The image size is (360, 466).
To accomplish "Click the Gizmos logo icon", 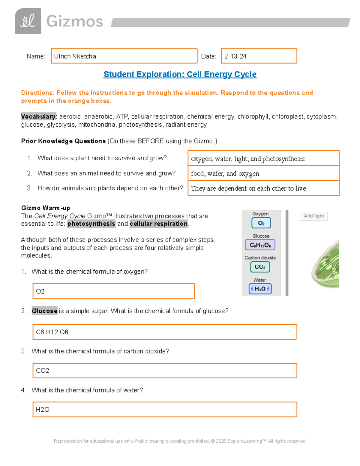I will pos(28,21).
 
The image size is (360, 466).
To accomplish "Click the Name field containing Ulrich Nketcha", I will pos(124,56).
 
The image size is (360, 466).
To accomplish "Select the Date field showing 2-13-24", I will pos(259,56).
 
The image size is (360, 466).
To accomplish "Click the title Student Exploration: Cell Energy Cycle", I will pos(180,74).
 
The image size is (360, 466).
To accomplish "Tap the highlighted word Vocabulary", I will pos(39,116).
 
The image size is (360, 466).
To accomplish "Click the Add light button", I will pos(313,216).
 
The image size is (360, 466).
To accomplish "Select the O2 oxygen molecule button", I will pos(261,223).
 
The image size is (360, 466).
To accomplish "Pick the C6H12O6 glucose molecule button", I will pos(260,245).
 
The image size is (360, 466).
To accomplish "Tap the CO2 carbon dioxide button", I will pos(260,267).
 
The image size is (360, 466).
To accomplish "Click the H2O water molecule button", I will pos(260,289).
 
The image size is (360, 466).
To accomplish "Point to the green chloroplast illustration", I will pos(326,264).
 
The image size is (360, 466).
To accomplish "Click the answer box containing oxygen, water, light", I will pos(263,158).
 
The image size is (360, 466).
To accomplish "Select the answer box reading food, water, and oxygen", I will pos(263,173).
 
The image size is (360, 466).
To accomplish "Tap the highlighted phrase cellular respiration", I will pos(158,224).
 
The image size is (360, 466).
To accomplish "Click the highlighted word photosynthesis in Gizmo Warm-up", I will pos(91,224).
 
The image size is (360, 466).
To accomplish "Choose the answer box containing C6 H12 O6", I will pos(165,332).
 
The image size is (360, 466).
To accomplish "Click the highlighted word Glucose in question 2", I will pos(44,311).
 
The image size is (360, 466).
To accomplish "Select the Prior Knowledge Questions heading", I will pos(63,141).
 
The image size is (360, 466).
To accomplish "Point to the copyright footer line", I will pos(179,441).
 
